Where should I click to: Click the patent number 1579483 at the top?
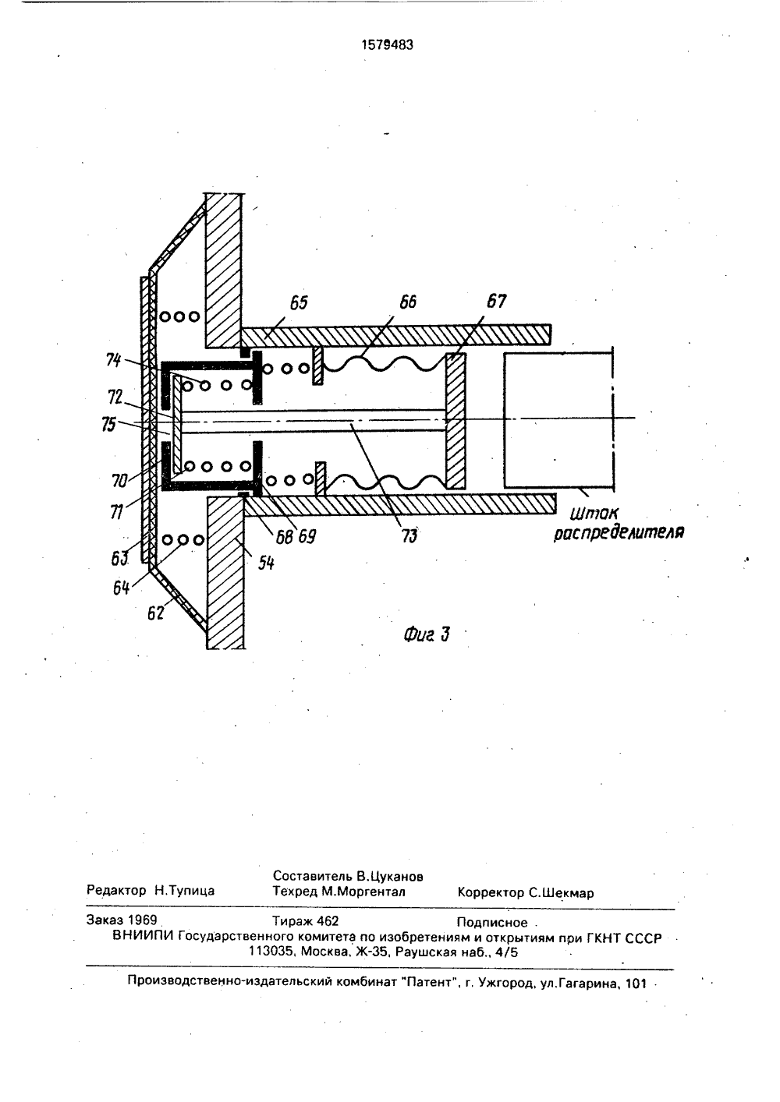click(387, 44)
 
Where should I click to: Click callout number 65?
click(299, 303)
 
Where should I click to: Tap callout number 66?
click(408, 302)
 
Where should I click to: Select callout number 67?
click(496, 301)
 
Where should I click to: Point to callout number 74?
click(113, 360)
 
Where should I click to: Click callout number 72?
click(115, 396)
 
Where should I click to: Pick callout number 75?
click(109, 424)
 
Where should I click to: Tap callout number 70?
click(119, 480)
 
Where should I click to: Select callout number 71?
click(116, 512)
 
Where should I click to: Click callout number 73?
click(409, 535)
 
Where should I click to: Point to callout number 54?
click(266, 563)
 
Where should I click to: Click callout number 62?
click(155, 613)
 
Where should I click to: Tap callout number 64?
click(121, 588)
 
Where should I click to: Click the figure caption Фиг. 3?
click(427, 635)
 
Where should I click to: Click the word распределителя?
click(619, 532)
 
